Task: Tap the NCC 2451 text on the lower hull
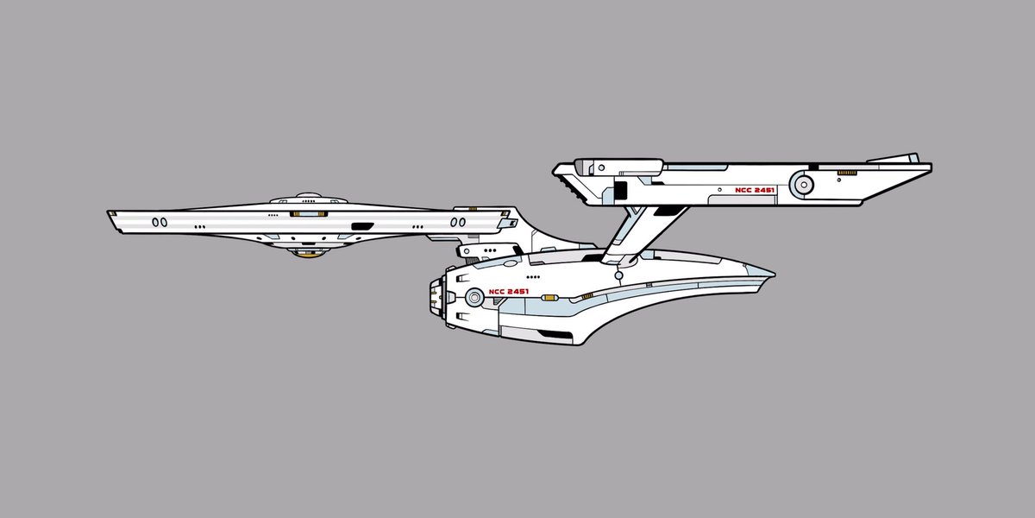(508, 292)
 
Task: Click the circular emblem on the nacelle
(804, 185)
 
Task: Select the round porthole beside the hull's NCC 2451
(473, 298)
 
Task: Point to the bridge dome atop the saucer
(306, 197)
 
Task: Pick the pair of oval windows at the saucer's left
(160, 222)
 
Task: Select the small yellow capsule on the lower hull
(586, 296)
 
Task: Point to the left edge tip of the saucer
(110, 213)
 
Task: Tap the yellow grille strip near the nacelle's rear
(846, 174)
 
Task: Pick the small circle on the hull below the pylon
(618, 276)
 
